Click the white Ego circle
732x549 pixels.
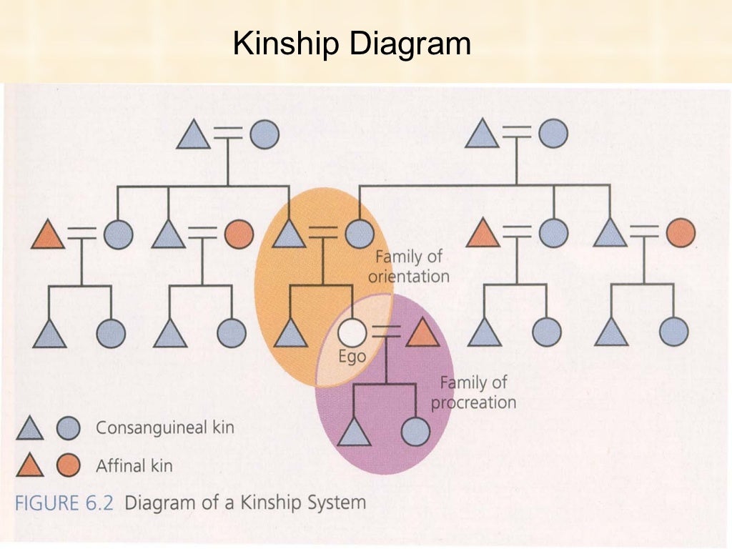tap(351, 332)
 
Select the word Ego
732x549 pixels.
tap(352, 355)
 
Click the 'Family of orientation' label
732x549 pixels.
tap(408, 266)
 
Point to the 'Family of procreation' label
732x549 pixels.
tap(473, 392)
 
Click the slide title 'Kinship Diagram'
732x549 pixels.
tap(352, 44)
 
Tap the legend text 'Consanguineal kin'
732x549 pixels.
tap(164, 427)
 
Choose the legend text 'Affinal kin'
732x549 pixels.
tap(134, 466)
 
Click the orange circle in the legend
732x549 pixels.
tap(69, 465)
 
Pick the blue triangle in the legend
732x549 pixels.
tap(30, 429)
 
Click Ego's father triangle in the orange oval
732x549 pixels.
tap(290, 234)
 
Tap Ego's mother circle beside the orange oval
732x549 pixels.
tap(359, 234)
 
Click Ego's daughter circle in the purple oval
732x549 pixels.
tap(415, 432)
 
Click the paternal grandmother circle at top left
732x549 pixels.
tap(264, 134)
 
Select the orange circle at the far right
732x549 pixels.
tap(681, 233)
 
